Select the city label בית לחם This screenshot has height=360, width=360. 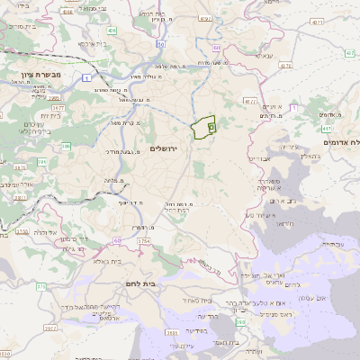tap(163, 282)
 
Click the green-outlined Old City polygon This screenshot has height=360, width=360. tap(204, 128)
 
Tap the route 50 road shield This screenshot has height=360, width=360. tap(159, 43)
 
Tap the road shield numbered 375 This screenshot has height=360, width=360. tap(40, 286)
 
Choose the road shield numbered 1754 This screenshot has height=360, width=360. tap(144, 241)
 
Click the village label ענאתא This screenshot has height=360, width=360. tap(264, 56)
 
